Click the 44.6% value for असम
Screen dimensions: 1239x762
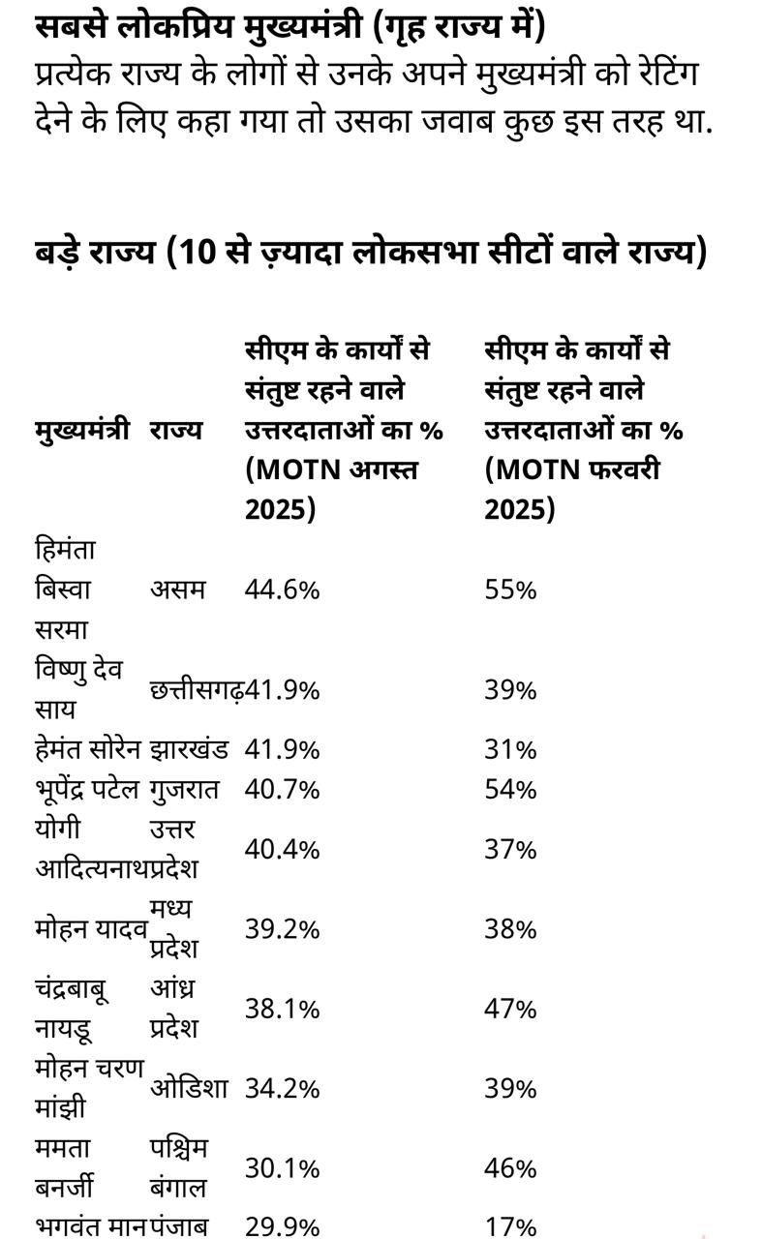(282, 589)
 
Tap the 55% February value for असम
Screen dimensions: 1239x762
(510, 589)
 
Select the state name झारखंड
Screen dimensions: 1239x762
(189, 749)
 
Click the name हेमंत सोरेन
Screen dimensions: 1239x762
(88, 749)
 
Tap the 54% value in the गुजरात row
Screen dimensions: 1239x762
(510, 789)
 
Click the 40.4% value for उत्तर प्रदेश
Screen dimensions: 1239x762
(282, 849)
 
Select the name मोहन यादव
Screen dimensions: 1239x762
(91, 929)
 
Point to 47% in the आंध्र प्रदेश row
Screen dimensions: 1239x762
(510, 1009)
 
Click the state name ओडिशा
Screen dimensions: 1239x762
(189, 1088)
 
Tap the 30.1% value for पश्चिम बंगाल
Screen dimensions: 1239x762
(282, 1168)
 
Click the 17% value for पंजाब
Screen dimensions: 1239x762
(510, 1226)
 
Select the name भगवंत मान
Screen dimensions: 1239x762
(90, 1226)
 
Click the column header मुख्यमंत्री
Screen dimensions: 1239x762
(82, 430)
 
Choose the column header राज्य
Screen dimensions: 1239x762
(176, 430)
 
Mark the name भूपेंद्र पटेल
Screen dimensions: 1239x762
(88, 789)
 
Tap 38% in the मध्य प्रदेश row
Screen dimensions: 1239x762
(510, 929)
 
